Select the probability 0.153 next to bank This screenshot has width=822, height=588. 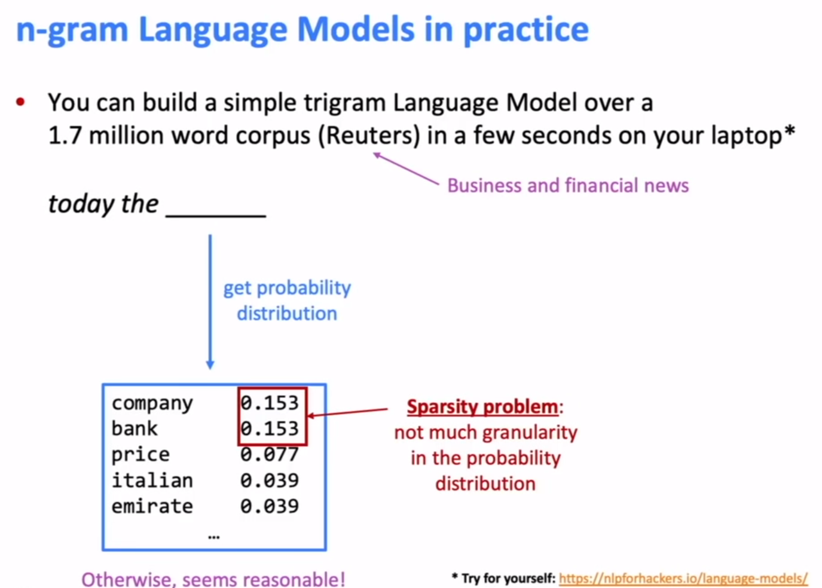click(270, 428)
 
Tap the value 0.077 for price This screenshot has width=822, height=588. click(270, 455)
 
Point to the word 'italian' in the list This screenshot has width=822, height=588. click(152, 480)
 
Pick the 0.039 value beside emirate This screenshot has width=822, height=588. click(270, 506)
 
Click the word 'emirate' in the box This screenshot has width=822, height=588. click(152, 506)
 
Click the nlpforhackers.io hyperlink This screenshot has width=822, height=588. click(683, 578)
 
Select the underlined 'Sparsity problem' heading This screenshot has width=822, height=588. click(482, 407)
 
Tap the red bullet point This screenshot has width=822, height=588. click(20, 102)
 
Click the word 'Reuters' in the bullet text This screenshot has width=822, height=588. click(369, 136)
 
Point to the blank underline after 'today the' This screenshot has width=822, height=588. click(216, 216)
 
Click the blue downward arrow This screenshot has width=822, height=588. click(210, 302)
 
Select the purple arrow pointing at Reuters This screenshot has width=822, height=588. click(406, 169)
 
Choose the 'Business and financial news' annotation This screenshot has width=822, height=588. click(568, 185)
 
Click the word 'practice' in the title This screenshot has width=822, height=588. click(526, 30)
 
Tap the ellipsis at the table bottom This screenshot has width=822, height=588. click(214, 537)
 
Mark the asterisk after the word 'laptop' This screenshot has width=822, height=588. click(790, 131)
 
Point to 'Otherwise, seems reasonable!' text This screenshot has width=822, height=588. click(213, 580)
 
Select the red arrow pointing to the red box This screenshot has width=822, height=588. click(347, 412)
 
